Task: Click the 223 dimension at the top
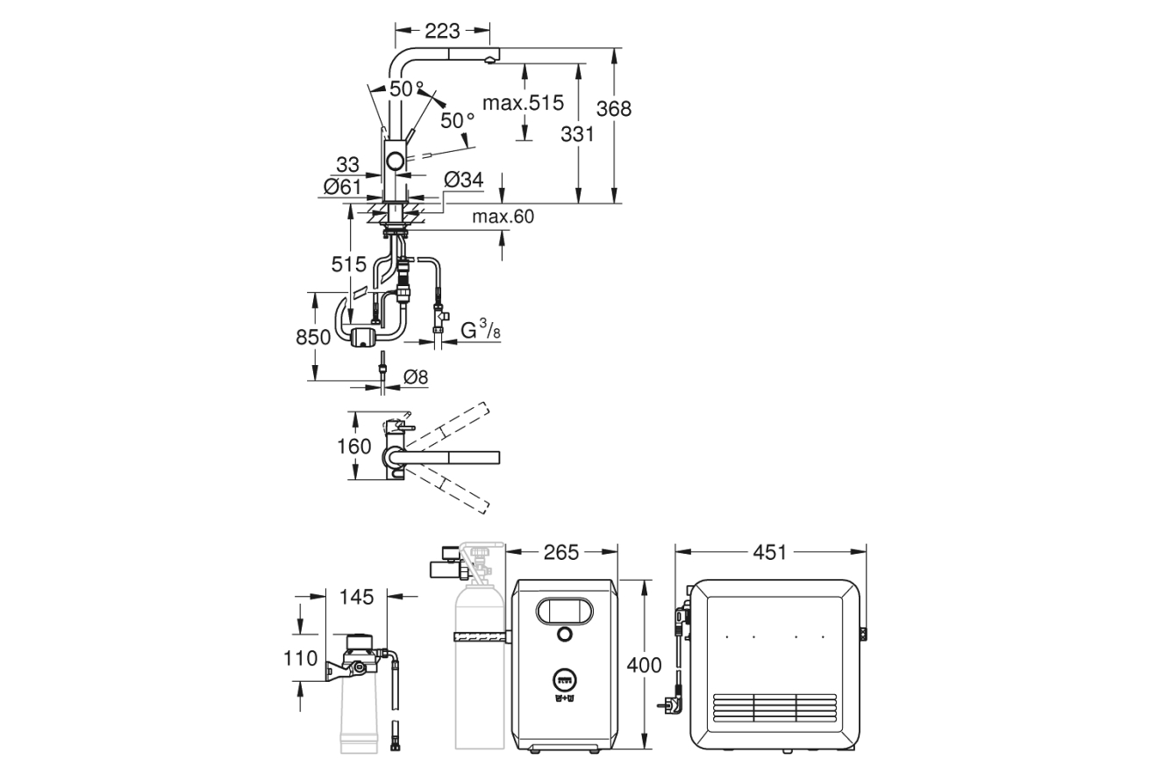pos(442,32)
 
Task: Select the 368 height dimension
pos(613,109)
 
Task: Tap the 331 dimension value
pos(577,134)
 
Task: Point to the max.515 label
pos(523,104)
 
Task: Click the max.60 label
pos(503,217)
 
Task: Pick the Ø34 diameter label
pos(464,180)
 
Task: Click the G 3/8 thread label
pos(480,330)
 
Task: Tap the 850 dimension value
pos(313,337)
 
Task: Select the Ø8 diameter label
pos(416,377)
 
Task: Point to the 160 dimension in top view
pos(354,446)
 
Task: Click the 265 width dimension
pos(561,552)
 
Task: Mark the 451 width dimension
pos(770,552)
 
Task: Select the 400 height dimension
pos(644,665)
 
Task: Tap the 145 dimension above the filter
pos(356,597)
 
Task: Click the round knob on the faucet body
pos(396,161)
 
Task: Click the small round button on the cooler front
pos(564,634)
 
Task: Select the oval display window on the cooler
pos(564,612)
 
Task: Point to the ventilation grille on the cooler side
pos(774,707)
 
